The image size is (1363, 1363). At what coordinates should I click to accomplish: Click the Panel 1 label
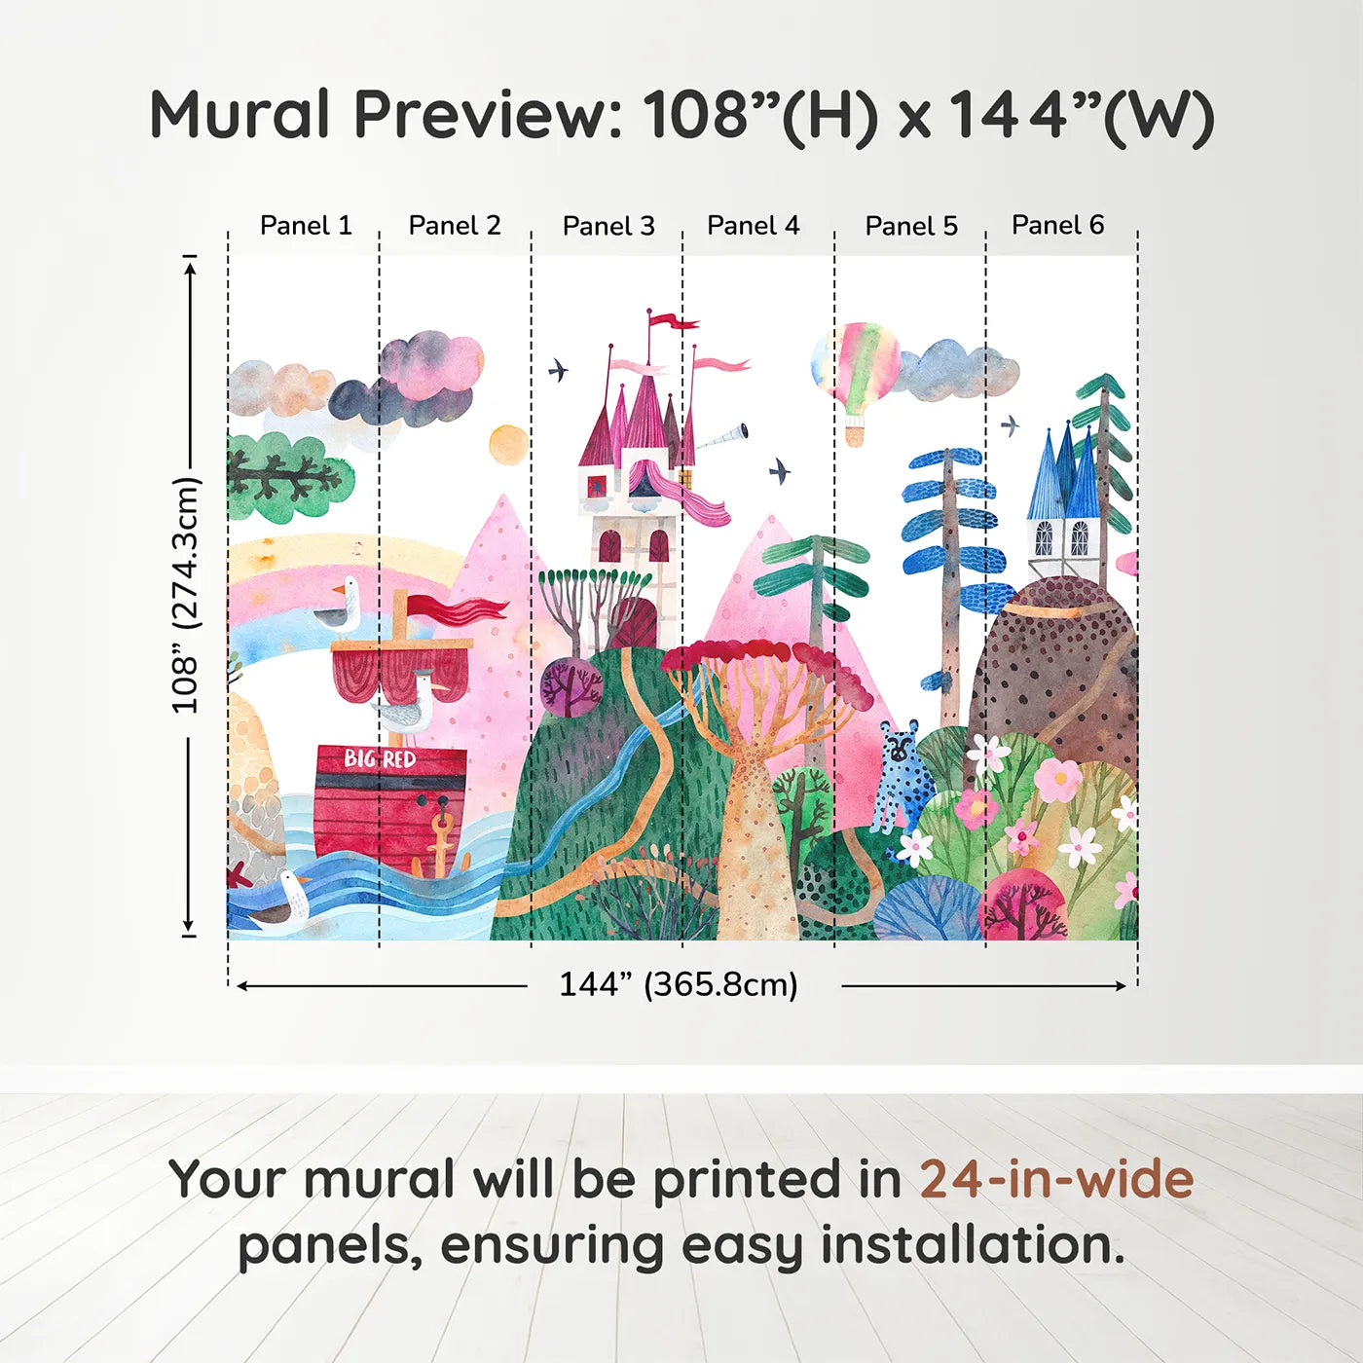[306, 226]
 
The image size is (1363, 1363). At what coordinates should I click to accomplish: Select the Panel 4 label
[753, 226]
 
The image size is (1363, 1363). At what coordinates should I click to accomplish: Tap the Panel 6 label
[1057, 226]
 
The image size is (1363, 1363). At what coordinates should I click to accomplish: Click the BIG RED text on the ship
[380, 758]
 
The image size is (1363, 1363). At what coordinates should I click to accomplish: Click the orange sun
[508, 445]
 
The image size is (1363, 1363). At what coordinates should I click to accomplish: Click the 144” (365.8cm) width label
[678, 984]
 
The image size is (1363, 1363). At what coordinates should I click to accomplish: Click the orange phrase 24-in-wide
[1056, 1180]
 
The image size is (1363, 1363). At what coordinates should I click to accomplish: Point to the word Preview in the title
[481, 115]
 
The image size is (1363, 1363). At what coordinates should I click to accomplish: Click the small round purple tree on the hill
[571, 685]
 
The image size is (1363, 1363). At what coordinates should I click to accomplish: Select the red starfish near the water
[239, 874]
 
